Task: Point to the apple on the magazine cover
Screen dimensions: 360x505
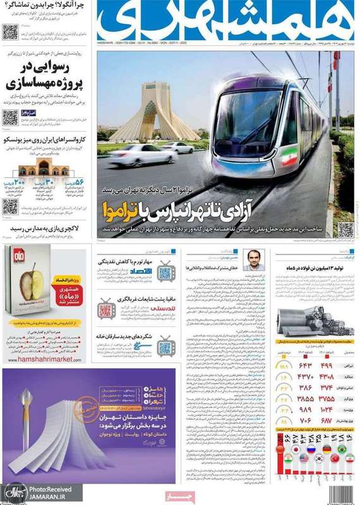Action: click(x=28, y=280)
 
